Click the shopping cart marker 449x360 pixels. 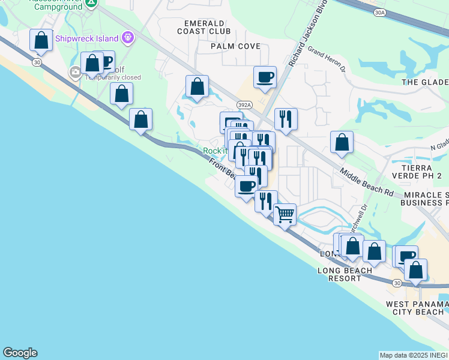285,214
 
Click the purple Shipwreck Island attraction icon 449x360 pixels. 127,38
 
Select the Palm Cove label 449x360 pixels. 235,46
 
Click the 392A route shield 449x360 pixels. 244,104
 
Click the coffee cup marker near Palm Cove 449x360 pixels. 265,76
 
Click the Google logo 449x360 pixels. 20,353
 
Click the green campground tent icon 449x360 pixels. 91,3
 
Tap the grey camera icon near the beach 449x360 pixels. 76,73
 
